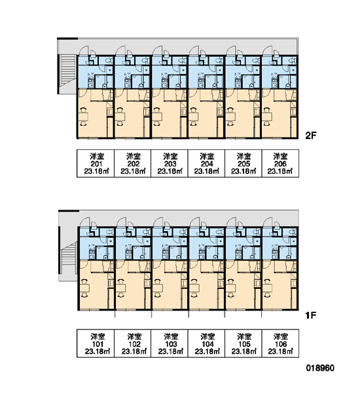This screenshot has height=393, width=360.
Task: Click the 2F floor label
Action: (311, 136)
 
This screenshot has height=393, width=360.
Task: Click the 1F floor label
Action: (311, 315)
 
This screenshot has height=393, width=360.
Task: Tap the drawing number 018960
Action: (320, 368)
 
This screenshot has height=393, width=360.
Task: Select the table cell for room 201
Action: (96, 163)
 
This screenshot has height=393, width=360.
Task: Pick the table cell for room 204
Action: (206, 163)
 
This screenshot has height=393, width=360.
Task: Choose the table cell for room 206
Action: (280, 163)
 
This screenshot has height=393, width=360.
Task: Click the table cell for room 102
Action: (132, 343)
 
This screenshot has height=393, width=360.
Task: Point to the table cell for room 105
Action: (243, 343)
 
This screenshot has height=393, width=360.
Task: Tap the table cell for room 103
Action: (170, 343)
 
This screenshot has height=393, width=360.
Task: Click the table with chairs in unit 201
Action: (83, 117)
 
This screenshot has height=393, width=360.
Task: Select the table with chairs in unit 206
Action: (268, 117)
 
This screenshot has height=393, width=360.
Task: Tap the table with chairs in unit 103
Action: (158, 288)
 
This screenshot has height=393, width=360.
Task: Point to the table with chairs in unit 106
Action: (268, 288)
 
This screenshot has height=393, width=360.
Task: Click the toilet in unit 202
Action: (146, 61)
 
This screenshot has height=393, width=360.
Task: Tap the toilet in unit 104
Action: (219, 232)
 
